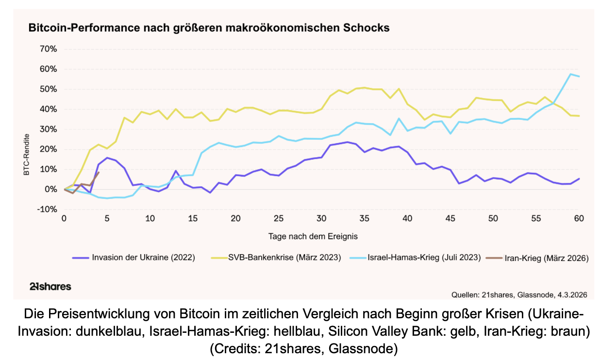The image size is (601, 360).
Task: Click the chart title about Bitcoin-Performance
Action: (209, 28)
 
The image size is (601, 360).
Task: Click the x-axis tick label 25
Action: (279, 219)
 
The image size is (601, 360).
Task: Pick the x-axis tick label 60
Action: (578, 219)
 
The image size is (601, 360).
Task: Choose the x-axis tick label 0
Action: (64, 219)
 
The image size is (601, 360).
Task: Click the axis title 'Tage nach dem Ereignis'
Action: (313, 236)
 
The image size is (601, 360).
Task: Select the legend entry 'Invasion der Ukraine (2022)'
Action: (143, 258)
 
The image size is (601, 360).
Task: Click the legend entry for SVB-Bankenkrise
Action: (284, 258)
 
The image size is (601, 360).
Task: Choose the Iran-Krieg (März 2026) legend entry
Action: (547, 258)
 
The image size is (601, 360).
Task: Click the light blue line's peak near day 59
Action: (570, 74)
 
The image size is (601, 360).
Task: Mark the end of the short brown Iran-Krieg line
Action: (99, 172)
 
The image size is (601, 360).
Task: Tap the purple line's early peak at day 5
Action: (107, 158)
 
